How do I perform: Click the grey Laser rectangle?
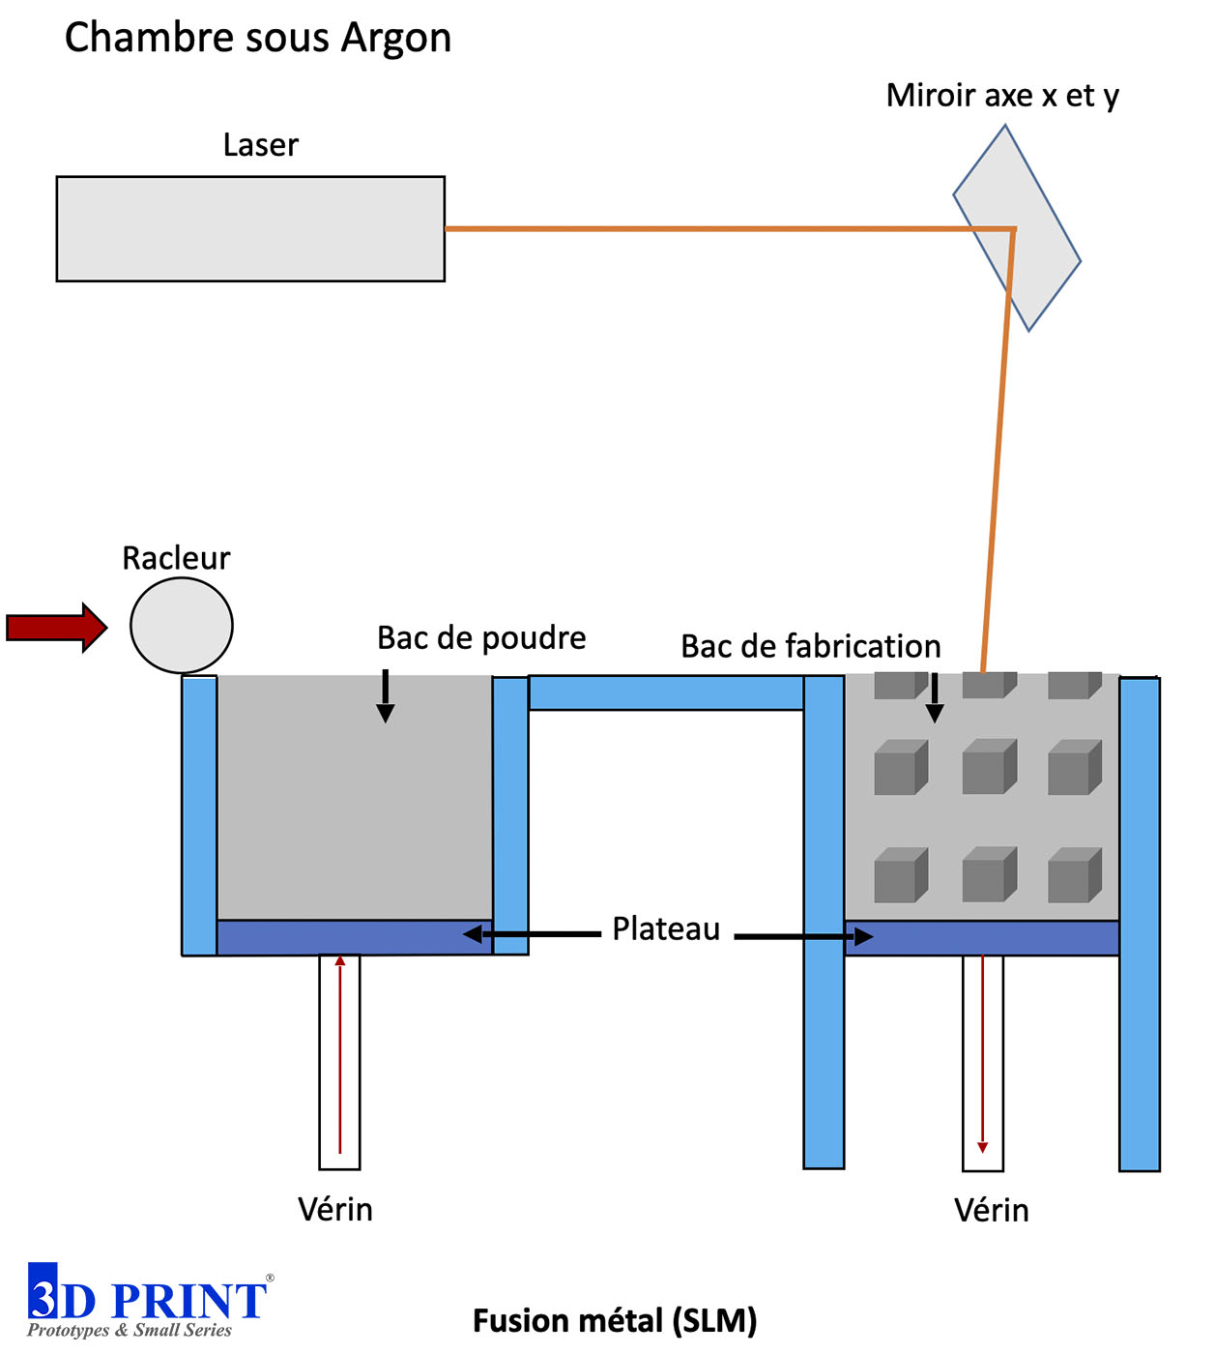pyautogui.click(x=250, y=228)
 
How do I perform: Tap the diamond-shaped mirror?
pyautogui.click(x=1017, y=228)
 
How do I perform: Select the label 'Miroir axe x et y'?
pyautogui.click(x=1002, y=96)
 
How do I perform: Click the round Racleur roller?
pyautogui.click(x=181, y=626)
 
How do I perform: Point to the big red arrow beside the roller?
pyautogui.click(x=57, y=627)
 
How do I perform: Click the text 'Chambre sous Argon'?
pyautogui.click(x=258, y=38)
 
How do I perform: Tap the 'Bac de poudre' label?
pyautogui.click(x=481, y=637)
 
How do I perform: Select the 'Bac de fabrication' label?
pyautogui.click(x=811, y=646)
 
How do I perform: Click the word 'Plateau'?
pyautogui.click(x=666, y=929)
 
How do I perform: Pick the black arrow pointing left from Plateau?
pyautogui.click(x=532, y=933)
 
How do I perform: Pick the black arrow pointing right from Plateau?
pyautogui.click(x=803, y=936)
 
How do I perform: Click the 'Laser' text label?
pyautogui.click(x=261, y=145)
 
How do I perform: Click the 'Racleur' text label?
pyautogui.click(x=176, y=558)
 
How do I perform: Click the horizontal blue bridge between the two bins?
pyautogui.click(x=666, y=692)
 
